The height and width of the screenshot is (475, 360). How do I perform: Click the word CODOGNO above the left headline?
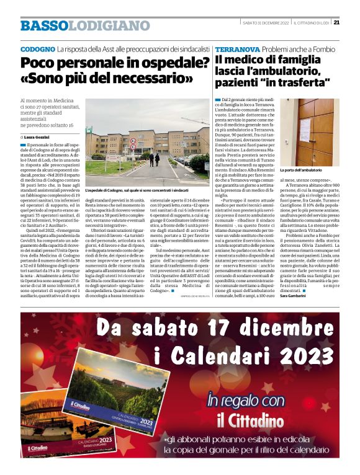(37, 48)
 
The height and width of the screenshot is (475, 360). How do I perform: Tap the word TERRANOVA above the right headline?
(237, 48)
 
